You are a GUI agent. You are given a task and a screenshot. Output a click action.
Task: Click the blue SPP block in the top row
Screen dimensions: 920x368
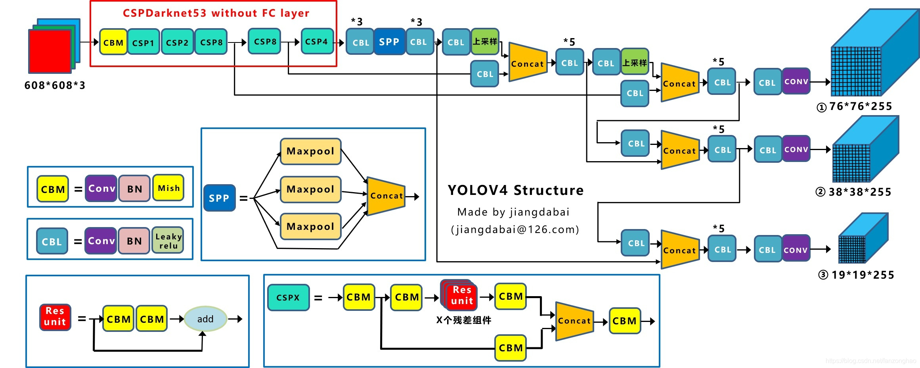click(389, 42)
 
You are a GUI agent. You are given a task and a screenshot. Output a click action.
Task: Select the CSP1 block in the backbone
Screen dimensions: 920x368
click(143, 42)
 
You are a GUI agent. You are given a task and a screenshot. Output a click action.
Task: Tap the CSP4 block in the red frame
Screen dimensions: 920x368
click(317, 41)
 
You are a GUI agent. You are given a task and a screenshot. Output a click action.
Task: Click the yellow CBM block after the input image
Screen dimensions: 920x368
click(113, 42)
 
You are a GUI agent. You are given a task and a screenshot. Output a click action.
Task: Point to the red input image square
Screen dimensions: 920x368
click(50, 51)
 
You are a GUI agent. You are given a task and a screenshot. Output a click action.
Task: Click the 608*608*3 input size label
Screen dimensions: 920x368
click(55, 85)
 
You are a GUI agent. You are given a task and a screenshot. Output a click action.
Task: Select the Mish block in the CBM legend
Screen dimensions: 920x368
click(168, 188)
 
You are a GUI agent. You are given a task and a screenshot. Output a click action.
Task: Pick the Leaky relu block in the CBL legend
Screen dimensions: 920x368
click(168, 241)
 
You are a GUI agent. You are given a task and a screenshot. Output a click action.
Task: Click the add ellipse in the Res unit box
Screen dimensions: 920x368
click(205, 319)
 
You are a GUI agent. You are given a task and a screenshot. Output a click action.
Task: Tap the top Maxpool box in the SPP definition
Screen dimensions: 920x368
click(310, 151)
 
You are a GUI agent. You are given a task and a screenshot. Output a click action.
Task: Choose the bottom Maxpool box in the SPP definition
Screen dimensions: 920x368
click(310, 227)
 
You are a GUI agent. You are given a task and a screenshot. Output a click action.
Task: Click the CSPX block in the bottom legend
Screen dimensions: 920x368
click(288, 297)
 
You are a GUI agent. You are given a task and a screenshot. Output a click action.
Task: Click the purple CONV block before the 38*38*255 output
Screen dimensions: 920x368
click(796, 149)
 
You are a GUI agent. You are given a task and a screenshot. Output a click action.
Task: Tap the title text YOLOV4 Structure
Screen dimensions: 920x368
click(516, 190)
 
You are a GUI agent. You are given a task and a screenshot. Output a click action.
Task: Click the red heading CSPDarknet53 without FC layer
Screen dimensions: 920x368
click(216, 13)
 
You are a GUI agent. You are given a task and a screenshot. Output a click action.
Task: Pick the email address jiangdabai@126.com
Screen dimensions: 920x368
click(515, 229)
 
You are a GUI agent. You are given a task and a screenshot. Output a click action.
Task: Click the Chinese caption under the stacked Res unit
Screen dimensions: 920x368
click(464, 320)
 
